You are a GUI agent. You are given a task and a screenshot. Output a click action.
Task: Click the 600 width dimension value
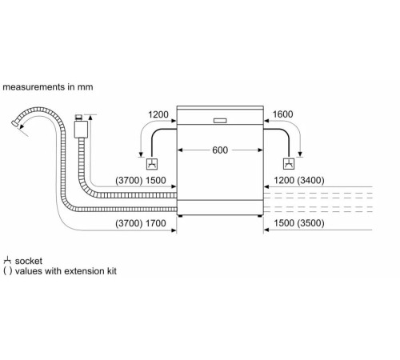coord(220,150)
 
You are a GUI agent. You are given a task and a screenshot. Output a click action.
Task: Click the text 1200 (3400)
coord(298,181)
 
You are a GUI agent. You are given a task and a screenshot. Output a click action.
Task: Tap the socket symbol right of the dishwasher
coord(287,165)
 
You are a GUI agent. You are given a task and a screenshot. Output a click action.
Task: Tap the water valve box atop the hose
coord(80,128)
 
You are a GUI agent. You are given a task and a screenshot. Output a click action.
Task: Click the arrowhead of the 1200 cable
coord(141,157)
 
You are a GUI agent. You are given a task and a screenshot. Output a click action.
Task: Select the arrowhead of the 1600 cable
coord(300,157)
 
